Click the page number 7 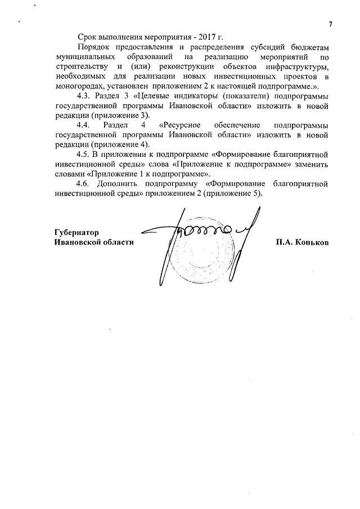coord(331,24)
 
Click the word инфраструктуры coord(298,67)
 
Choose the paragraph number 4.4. coord(83,125)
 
